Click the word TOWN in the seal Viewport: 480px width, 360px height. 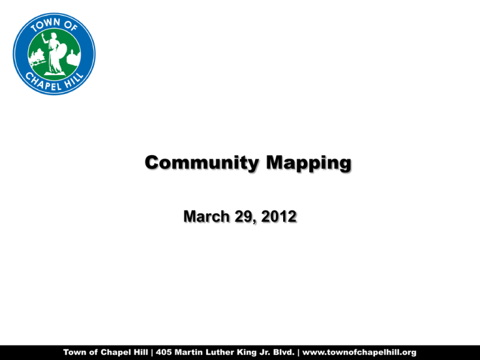[x=42, y=25]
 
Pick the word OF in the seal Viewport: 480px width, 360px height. [x=73, y=26]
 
